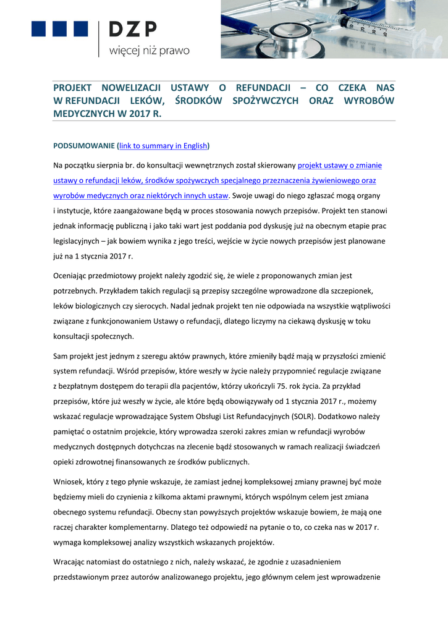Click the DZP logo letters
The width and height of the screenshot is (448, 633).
click(x=133, y=29)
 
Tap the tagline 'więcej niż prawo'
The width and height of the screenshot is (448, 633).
click(x=149, y=51)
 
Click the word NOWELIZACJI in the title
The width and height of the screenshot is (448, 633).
click(x=131, y=88)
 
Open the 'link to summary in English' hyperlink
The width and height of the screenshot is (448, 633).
click(x=163, y=147)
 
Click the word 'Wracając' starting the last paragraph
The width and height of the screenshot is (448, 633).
click(x=74, y=562)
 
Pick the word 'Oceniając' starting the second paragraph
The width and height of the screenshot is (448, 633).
click(x=74, y=276)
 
